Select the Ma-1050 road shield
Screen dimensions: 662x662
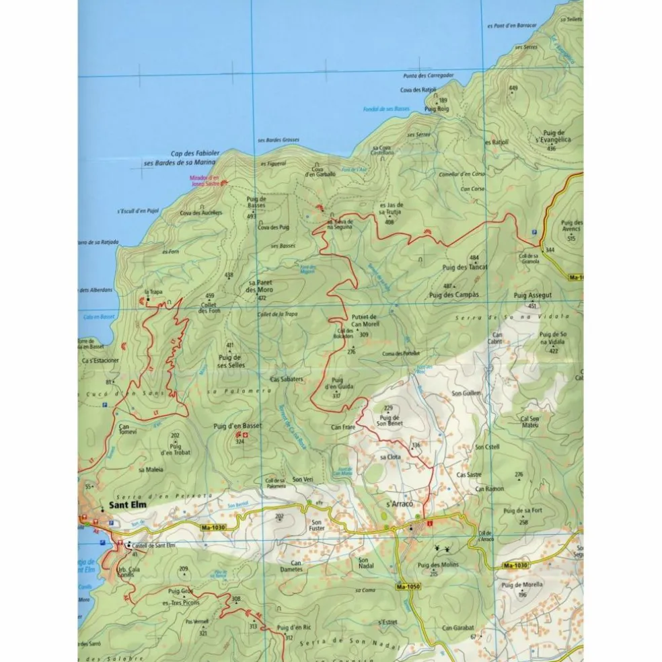click(408, 586)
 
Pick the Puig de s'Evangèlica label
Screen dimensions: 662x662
click(553, 137)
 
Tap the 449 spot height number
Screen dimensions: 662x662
click(513, 88)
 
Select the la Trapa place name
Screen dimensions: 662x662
click(153, 292)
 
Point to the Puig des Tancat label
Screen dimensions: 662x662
click(465, 267)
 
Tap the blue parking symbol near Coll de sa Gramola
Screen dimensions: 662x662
click(535, 231)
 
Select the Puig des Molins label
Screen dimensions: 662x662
click(438, 565)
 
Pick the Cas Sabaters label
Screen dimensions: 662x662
click(287, 379)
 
